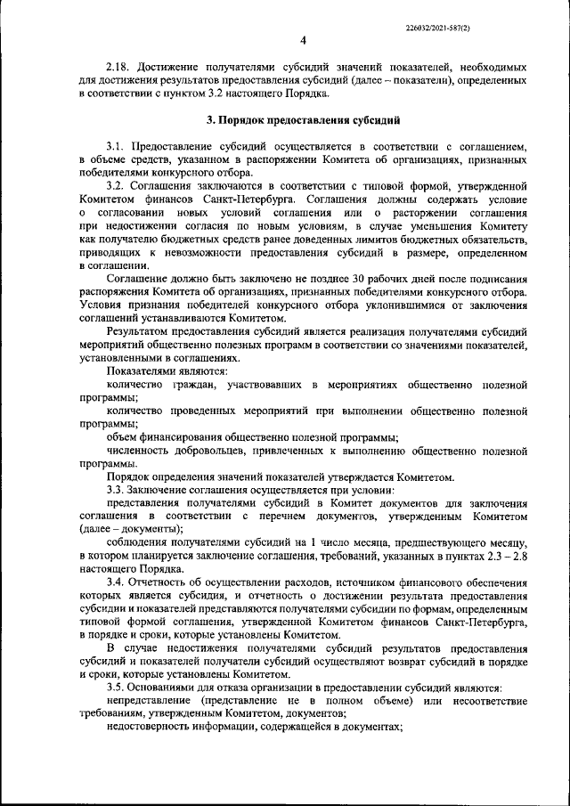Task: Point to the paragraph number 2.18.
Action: [118, 68]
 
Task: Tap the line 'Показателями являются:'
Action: [167, 370]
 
